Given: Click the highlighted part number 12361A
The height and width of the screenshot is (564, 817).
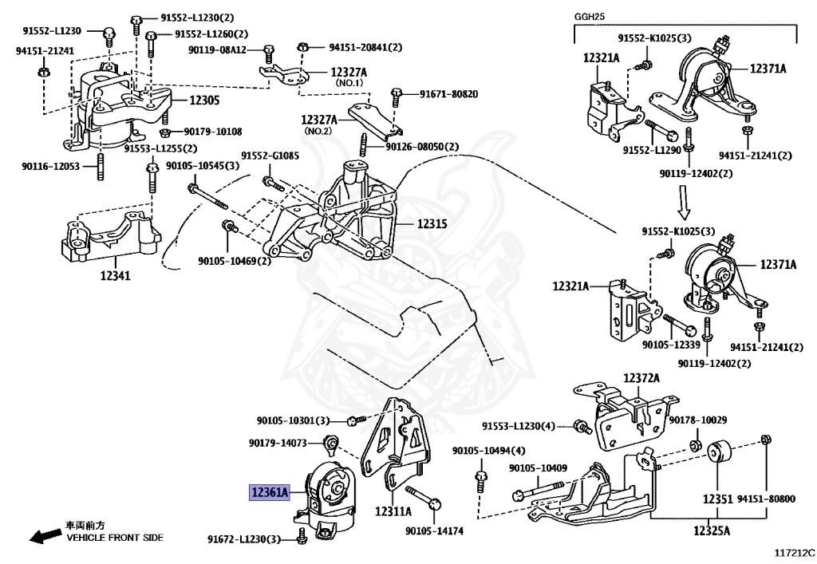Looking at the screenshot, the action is pos(270,491).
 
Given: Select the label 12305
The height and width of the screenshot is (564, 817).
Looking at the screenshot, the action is pos(204,100).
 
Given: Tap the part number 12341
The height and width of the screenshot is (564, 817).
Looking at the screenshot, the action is pos(115,275).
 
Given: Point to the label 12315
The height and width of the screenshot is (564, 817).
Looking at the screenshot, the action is pos(432,224).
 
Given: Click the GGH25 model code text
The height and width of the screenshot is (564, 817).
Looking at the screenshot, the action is pos(590,17).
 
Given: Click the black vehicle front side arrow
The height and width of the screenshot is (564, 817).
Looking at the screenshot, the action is pos(45,535).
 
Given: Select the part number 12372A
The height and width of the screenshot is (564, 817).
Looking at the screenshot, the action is pos(641,377).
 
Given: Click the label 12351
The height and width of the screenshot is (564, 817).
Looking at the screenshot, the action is pos(717,499).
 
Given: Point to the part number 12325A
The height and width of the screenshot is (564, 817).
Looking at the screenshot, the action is pos(712,530).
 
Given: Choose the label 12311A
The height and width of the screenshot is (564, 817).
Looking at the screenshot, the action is pos(393,511).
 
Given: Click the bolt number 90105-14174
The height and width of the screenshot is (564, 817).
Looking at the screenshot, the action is pos(434,531).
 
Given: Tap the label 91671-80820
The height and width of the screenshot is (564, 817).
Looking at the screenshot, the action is pos(449,94).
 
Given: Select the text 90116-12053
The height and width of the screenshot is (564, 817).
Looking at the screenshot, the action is pos(50,166).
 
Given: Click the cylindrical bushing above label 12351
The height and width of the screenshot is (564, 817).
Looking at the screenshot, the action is pos(720,452).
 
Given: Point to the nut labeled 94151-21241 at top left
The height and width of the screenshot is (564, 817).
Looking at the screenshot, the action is pos(44,69).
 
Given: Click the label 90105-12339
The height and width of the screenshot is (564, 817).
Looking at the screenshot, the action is pos(670,345).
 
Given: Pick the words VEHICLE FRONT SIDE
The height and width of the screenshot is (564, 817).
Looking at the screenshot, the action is pos(115,538).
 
